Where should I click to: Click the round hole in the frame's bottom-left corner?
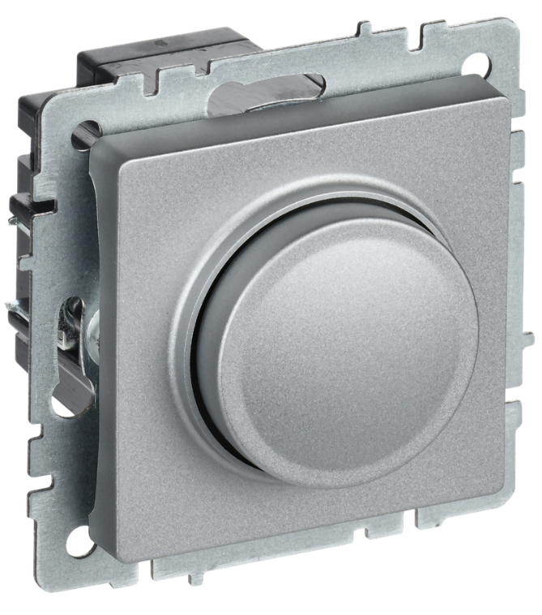78,540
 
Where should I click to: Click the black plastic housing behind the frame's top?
162,57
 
